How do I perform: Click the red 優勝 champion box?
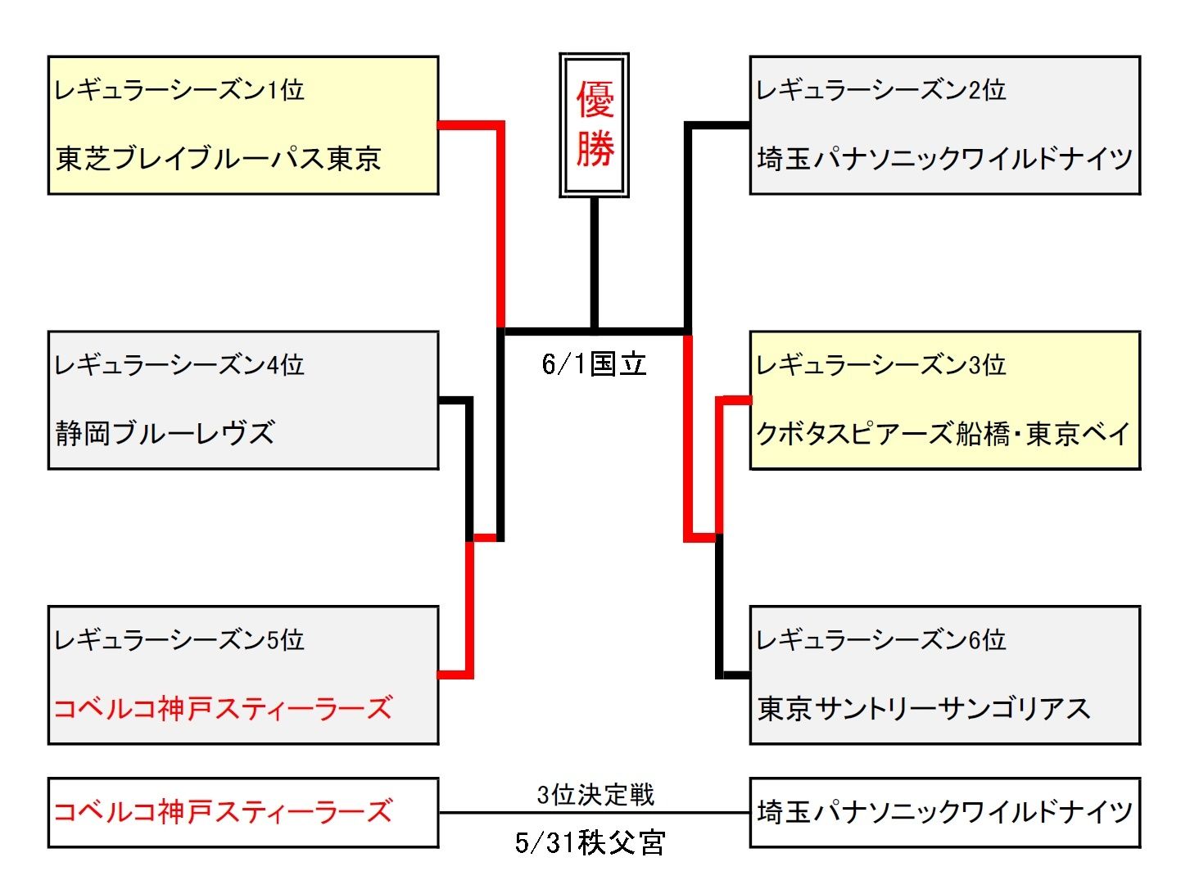(x=594, y=125)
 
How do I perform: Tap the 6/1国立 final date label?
(x=594, y=363)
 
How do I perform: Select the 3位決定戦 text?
(x=595, y=794)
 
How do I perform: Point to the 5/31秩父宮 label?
(x=590, y=842)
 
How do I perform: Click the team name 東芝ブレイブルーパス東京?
(x=219, y=158)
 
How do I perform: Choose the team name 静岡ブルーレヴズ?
(x=165, y=433)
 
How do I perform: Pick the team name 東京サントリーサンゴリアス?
(x=923, y=708)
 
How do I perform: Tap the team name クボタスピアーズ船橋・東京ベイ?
(x=943, y=433)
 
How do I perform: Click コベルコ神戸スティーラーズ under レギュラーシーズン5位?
(x=223, y=708)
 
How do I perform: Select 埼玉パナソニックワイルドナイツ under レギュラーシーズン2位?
(x=945, y=158)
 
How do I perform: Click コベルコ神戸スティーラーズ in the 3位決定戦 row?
(x=223, y=812)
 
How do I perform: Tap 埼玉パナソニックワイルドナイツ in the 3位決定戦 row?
(x=945, y=812)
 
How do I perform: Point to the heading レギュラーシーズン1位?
(x=179, y=90)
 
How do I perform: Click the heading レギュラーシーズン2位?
(x=881, y=90)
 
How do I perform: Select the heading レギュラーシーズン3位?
(x=881, y=365)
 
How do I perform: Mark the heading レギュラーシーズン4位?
(x=179, y=365)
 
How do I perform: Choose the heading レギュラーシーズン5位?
(x=179, y=640)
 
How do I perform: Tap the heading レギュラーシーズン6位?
(x=881, y=640)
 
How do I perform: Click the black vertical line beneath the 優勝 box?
(x=595, y=262)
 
